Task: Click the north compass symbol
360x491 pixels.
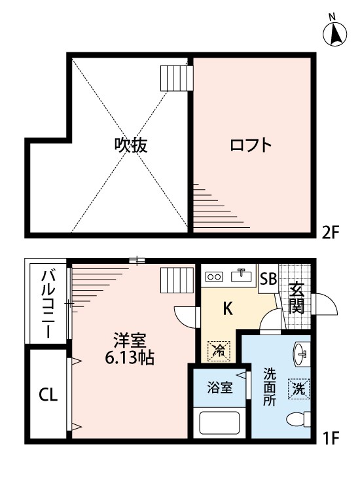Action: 335,33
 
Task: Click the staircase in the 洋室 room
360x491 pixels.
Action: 177,281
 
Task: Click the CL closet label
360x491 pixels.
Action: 48,395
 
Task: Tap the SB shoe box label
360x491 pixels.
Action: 268,279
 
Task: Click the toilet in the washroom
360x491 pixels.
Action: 298,420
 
